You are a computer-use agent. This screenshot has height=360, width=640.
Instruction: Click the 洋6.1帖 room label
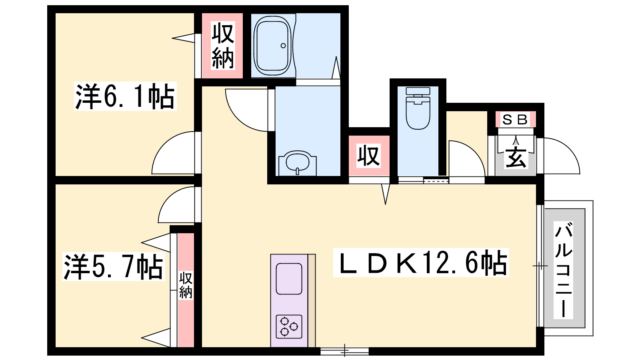pos(125,96)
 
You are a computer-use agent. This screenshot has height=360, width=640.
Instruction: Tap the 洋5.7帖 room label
pos(114,266)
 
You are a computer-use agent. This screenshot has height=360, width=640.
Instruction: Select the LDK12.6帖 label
pos(421,262)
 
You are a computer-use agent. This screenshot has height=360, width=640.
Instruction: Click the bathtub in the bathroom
pos(272,46)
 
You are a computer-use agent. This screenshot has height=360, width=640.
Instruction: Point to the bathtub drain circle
pos(283,46)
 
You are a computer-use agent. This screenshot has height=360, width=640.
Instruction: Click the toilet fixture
pos(418,108)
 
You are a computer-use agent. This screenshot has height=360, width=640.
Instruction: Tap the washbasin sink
pos(298,163)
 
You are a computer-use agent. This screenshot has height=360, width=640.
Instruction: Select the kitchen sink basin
pos(289,278)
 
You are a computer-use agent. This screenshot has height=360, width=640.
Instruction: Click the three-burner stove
pos(289,326)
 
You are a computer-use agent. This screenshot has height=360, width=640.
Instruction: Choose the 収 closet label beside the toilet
pos(368,156)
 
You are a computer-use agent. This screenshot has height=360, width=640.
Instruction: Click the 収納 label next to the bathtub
pos(223,46)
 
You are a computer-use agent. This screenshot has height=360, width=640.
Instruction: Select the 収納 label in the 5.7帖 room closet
pos(186,285)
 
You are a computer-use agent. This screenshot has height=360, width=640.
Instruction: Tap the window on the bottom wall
pos(344,351)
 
